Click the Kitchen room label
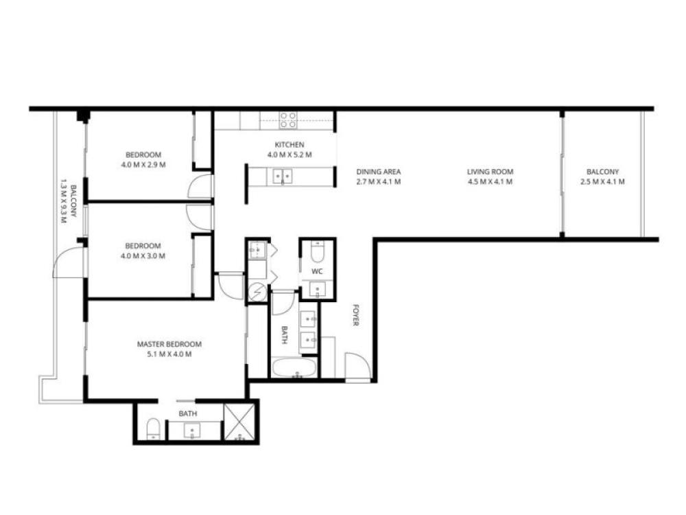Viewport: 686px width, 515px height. tap(289, 144)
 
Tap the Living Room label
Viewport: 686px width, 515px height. tap(490, 172)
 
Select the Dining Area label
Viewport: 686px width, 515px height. tap(379, 172)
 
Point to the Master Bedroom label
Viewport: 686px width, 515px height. tap(169, 344)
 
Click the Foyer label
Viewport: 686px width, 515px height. tap(355, 315)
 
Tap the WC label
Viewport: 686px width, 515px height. tap(317, 271)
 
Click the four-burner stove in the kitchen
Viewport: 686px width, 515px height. tap(288, 120)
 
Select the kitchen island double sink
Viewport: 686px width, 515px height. tap(283, 176)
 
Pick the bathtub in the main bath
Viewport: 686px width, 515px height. tap(294, 368)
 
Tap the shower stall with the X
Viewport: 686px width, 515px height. tap(239, 422)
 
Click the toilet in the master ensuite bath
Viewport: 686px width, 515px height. tap(153, 428)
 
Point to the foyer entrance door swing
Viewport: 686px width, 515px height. tap(358, 366)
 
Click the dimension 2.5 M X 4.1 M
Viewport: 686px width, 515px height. tap(602, 182)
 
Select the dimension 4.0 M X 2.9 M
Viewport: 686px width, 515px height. tap(143, 165)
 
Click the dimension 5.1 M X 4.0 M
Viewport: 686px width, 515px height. tap(169, 354)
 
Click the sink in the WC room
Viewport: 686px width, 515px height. tap(317, 290)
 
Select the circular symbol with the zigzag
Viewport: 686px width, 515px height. tap(257, 292)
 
